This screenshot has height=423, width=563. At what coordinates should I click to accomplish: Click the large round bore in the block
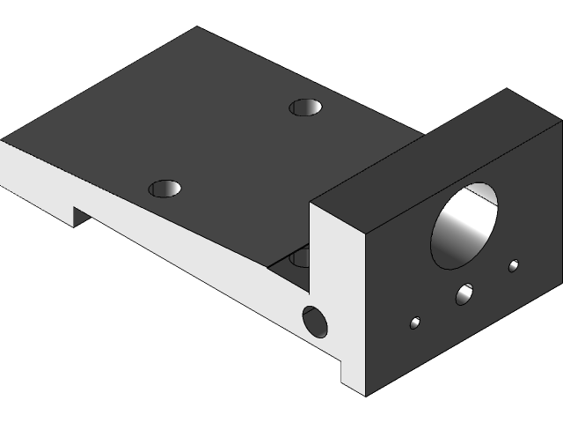point(464,226)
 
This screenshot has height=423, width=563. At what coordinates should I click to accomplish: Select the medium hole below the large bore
point(464,294)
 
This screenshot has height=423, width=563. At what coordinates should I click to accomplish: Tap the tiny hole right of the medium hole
point(514,265)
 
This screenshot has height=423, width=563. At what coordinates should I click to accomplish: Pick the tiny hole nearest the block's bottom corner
point(415,323)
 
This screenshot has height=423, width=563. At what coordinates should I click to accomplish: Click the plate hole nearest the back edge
point(305,108)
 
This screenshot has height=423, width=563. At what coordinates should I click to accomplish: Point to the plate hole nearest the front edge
point(165,188)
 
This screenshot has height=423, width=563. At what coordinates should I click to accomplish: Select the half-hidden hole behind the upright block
point(299,257)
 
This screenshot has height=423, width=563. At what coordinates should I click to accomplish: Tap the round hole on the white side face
point(314,322)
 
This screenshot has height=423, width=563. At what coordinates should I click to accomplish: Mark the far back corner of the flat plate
point(195,27)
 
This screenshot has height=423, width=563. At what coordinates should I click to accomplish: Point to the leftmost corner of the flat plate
point(2,140)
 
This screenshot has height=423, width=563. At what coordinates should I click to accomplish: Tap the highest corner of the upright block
point(507,89)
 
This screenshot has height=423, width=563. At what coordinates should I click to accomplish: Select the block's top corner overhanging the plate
point(310,202)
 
